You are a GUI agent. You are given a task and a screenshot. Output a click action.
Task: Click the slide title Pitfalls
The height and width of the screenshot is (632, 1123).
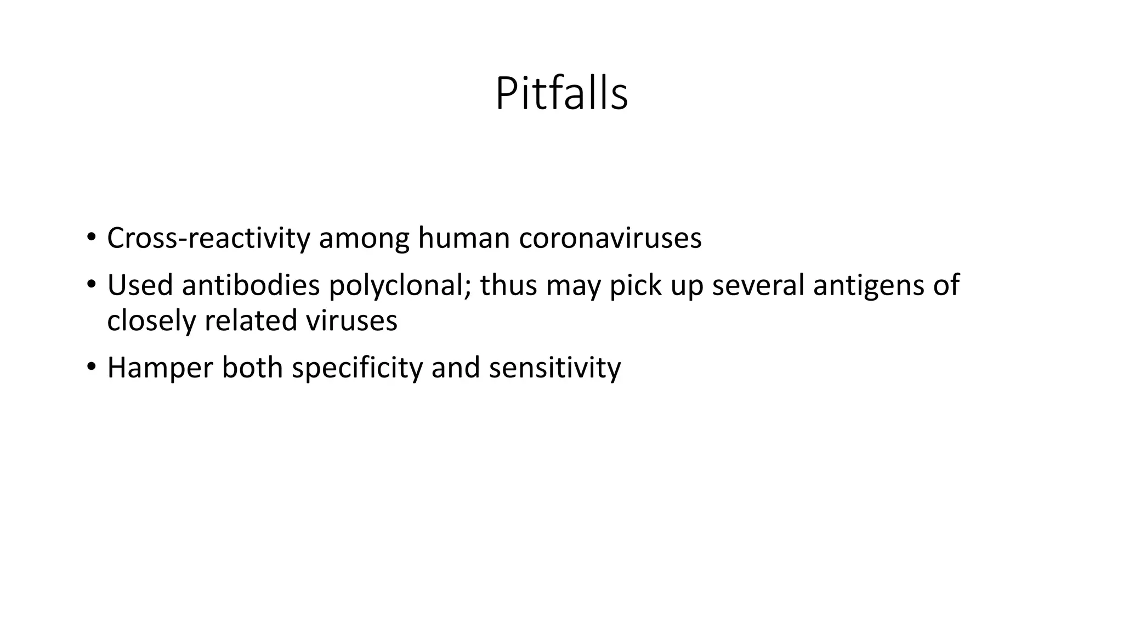point(561,94)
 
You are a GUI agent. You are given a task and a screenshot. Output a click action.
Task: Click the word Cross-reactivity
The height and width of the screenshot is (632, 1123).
point(208,239)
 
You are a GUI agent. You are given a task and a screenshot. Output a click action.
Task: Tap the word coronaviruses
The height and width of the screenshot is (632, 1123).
point(610,239)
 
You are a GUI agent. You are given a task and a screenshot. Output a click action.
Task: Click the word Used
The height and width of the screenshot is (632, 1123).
point(140,285)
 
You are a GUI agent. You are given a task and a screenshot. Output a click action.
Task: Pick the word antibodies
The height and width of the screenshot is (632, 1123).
point(251,285)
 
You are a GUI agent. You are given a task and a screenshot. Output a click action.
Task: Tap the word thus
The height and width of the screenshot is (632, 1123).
point(508,285)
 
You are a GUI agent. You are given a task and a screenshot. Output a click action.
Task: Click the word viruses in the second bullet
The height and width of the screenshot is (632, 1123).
point(351,320)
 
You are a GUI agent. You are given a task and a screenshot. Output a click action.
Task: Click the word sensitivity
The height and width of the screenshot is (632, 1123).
point(554,368)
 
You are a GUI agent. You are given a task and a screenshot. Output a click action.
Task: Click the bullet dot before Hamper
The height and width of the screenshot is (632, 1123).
point(91,367)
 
